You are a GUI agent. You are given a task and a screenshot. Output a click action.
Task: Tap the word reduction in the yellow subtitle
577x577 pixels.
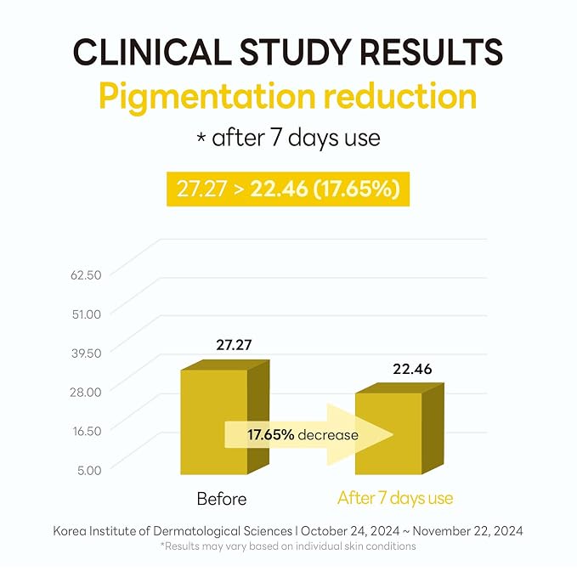(400, 96)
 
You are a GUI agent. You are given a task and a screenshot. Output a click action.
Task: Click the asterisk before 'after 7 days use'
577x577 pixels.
(201, 138)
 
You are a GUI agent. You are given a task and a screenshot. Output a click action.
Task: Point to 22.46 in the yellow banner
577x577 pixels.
(279, 189)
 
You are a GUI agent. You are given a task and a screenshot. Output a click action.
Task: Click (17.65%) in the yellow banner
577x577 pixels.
(356, 190)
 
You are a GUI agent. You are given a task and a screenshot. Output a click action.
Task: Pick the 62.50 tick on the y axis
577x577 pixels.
(86, 274)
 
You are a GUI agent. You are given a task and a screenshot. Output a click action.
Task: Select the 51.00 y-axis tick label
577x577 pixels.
(87, 314)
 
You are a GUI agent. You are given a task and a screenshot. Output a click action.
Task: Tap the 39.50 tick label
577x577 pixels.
(87, 354)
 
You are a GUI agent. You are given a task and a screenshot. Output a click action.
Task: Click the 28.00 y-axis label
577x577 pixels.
(86, 393)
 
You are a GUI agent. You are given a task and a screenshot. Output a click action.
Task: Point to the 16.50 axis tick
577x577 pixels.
(87, 431)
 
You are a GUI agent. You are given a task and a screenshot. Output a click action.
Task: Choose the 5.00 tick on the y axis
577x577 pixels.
(89, 470)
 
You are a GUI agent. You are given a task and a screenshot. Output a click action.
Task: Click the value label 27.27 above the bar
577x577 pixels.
(234, 345)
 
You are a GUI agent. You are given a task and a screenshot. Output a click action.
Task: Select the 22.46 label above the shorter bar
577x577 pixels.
(412, 369)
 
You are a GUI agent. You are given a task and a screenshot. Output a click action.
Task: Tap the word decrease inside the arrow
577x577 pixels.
(328, 435)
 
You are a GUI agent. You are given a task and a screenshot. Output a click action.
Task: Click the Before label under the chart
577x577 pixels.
(222, 499)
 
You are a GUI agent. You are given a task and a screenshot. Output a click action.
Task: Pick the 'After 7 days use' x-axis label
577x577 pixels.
(395, 499)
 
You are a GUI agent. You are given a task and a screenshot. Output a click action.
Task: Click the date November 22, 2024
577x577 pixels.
(467, 531)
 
